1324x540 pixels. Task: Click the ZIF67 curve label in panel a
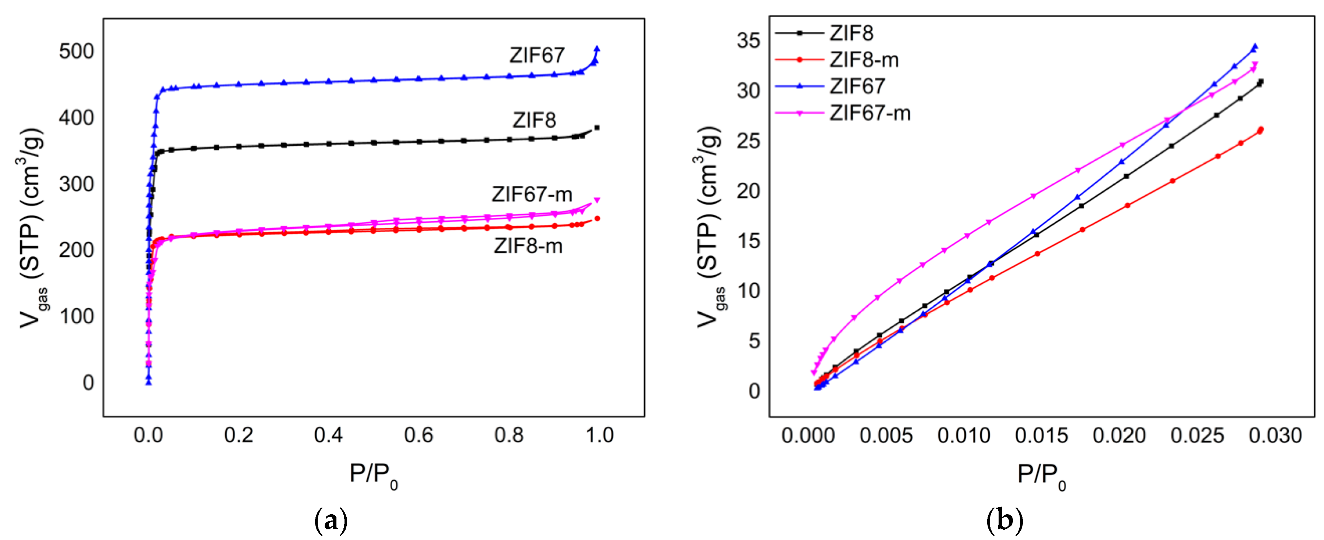[536, 55]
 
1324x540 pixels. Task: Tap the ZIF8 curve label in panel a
[533, 120]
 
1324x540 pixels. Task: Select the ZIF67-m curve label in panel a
[531, 194]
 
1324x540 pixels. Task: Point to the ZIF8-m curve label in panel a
[528, 246]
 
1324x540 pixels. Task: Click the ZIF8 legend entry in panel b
[851, 33]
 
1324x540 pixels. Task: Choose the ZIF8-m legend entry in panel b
[863, 60]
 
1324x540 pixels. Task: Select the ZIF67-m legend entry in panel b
[870, 113]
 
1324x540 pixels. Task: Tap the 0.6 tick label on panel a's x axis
[418, 436]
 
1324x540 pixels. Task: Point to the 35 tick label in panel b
[748, 40]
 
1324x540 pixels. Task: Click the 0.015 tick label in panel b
[1041, 436]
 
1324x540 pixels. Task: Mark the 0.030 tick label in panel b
[1275, 436]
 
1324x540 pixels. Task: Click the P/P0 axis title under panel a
[374, 474]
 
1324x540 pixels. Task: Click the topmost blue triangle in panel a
[597, 49]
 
